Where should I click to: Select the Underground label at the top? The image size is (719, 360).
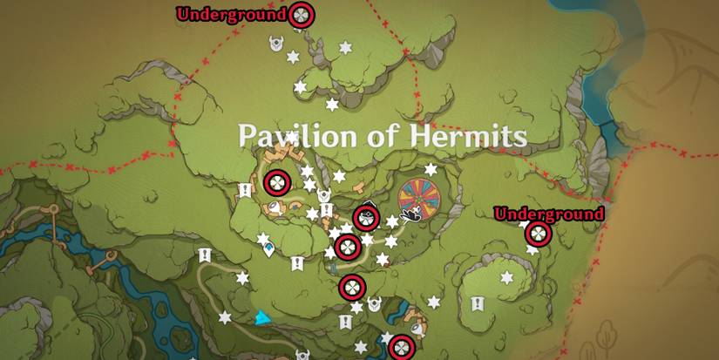tap(231, 14)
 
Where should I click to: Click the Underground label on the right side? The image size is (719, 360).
tap(548, 214)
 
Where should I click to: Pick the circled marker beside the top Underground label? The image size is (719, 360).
tap(301, 14)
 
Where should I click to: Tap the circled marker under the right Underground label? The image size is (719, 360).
tap(537, 234)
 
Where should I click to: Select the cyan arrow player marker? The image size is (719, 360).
tap(259, 318)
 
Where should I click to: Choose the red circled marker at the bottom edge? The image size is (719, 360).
tap(400, 347)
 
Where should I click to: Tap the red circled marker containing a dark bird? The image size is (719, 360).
tap(367, 219)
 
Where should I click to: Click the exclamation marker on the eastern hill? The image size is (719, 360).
tap(477, 303)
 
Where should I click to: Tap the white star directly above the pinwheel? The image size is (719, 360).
tap(430, 168)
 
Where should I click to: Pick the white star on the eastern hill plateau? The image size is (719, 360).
tap(506, 277)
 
